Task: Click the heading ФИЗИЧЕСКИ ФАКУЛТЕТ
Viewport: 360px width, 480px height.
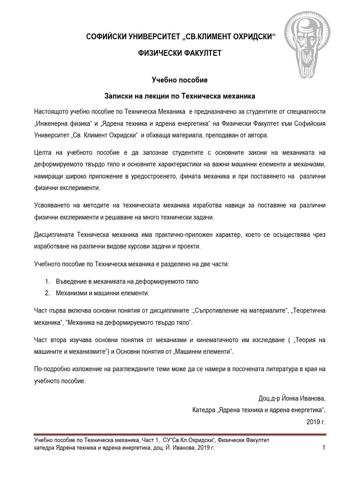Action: point(179,53)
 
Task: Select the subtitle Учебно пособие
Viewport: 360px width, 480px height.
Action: point(179,81)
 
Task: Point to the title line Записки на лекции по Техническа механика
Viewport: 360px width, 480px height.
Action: point(179,96)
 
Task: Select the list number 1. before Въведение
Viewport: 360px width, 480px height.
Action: point(48,281)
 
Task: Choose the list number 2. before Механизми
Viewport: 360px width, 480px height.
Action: point(48,293)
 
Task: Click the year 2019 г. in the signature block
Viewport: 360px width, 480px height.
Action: point(315,422)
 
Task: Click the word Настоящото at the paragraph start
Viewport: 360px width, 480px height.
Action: point(53,113)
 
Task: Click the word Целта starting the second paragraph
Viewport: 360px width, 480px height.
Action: point(44,153)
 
